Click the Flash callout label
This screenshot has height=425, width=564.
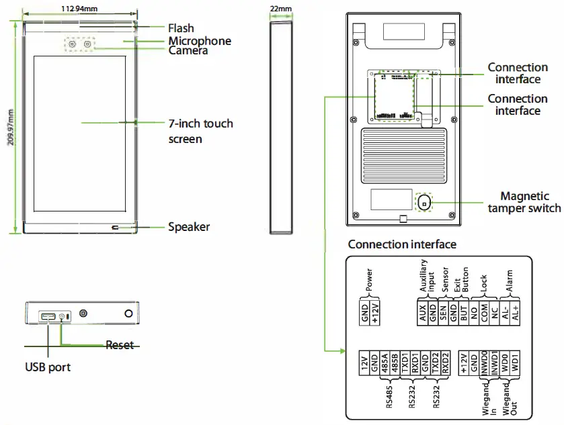tap(181, 28)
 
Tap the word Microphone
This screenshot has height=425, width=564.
tap(199, 41)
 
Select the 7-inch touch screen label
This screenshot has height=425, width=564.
tap(200, 131)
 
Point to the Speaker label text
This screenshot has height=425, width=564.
tap(188, 227)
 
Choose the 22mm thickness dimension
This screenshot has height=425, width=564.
tap(281, 9)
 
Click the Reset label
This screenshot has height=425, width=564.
tap(119, 345)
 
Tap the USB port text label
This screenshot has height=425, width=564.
tap(48, 367)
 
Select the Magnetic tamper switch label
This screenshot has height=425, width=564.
tap(524, 202)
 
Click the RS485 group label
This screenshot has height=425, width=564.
tap(389, 396)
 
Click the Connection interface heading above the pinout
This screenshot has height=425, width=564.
tap(402, 244)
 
